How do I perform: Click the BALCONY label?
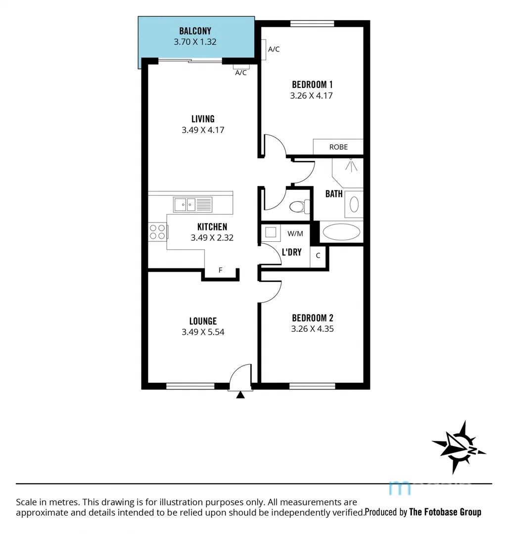[195, 31]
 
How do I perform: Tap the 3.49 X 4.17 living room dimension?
[203, 130]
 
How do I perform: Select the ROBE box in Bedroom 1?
[338, 147]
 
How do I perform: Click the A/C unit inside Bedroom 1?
[264, 49]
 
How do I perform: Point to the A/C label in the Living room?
[241, 73]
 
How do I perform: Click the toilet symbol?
[299, 206]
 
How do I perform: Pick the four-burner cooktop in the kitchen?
[158, 232]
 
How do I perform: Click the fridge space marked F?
[221, 270]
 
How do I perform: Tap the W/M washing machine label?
[295, 233]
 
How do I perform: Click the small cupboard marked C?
[318, 256]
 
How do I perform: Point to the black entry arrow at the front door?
[240, 395]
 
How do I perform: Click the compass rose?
[459, 446]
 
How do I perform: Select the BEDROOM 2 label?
[312, 318]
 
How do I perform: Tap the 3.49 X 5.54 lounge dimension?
[203, 332]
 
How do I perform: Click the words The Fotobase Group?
[445, 512]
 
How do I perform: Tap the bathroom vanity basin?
[353, 204]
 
